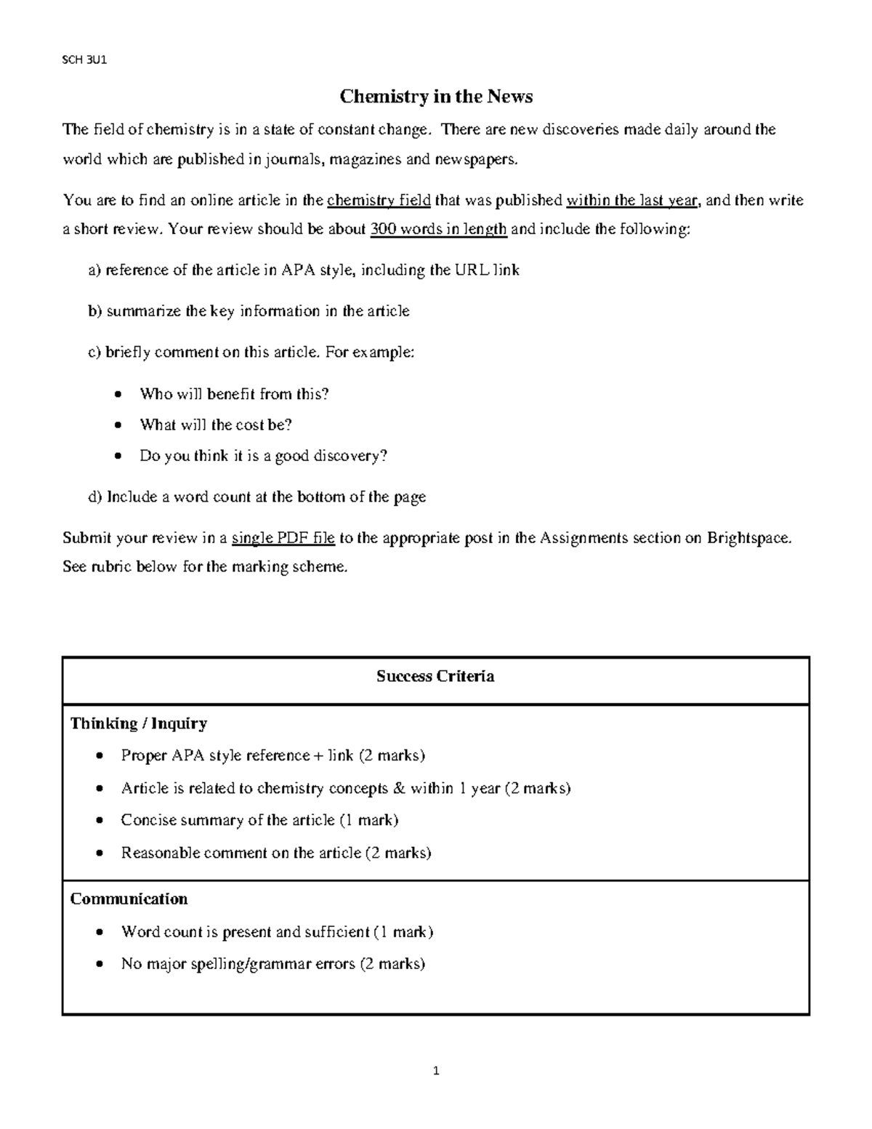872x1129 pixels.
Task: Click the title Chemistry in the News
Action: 437,97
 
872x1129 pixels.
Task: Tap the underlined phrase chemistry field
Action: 379,200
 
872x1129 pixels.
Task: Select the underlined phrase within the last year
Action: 632,200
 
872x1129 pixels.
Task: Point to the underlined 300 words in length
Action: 439,229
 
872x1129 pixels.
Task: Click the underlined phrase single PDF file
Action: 283,538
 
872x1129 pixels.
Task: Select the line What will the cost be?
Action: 216,425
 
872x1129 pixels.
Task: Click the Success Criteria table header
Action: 435,677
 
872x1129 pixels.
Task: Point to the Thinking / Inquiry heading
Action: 139,723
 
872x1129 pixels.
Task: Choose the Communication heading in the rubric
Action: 129,899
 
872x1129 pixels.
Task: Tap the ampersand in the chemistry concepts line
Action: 398,788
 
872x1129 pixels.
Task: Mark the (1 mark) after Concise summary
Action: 369,820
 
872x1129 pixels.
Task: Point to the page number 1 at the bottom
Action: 436,1071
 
